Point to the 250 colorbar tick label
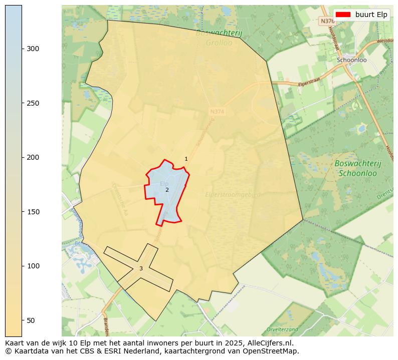click(x=33, y=103)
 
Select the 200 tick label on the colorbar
click(x=33, y=157)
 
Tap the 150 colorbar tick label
click(x=33, y=212)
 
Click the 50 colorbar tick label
click(x=31, y=320)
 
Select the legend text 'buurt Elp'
click(x=371, y=15)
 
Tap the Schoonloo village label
click(x=352, y=60)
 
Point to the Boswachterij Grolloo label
click(x=219, y=38)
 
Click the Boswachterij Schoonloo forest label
click(x=358, y=168)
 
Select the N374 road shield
click(x=217, y=112)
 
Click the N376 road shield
click(x=327, y=21)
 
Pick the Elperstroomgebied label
click(x=233, y=194)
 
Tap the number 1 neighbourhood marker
click(x=186, y=159)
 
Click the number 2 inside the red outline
click(x=167, y=190)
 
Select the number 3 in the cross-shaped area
click(x=141, y=268)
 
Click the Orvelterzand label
click(x=283, y=329)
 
